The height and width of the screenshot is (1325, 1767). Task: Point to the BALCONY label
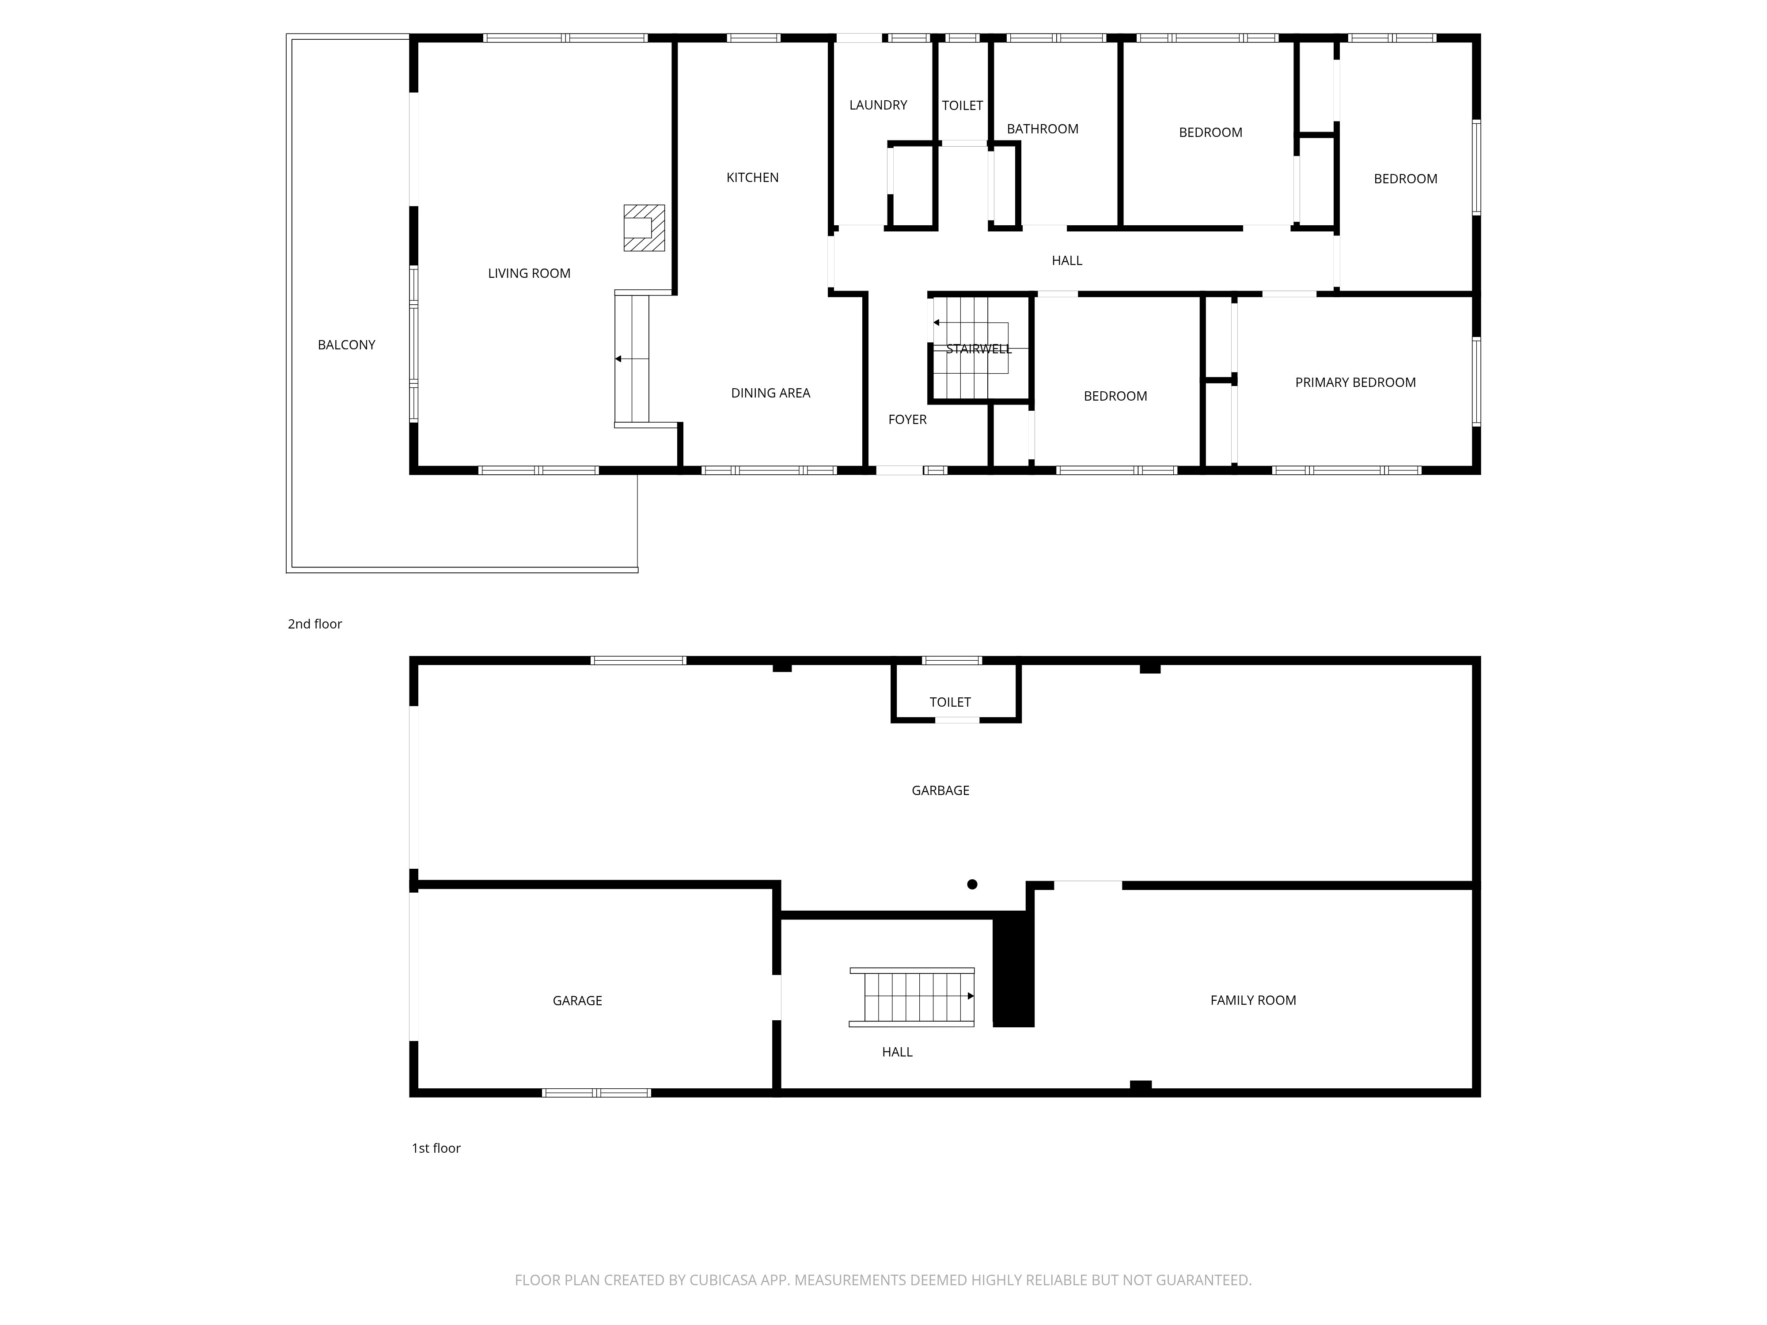[x=347, y=345]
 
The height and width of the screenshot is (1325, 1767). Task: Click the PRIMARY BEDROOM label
[x=1356, y=382]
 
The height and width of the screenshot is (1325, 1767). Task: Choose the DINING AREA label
[x=771, y=393]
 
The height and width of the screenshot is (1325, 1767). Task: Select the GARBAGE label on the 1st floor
[x=940, y=791]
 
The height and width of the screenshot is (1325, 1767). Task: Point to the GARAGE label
[x=577, y=1001]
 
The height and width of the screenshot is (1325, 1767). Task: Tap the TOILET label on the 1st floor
[x=950, y=702]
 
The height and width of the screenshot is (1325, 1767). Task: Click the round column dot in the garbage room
[x=972, y=884]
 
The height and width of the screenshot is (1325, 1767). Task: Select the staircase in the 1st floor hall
[x=912, y=997]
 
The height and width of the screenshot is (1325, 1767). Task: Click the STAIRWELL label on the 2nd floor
[x=978, y=349]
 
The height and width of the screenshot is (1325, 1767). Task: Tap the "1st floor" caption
[x=436, y=1148]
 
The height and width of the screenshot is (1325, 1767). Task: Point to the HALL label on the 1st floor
[x=897, y=1052]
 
